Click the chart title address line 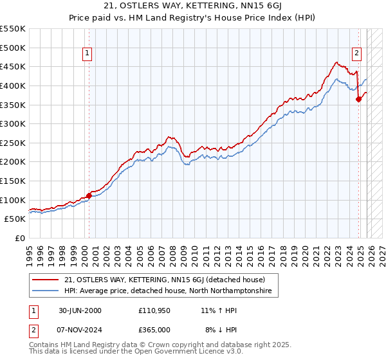click(192, 6)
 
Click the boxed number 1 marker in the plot click(87, 54)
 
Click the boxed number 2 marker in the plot click(356, 54)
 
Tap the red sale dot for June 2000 click(89, 196)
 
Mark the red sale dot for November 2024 click(359, 99)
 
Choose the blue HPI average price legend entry click(168, 291)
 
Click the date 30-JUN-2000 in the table click(80, 310)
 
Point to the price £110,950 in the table click(154, 310)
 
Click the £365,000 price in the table click(154, 329)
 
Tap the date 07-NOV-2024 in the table click(80, 329)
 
